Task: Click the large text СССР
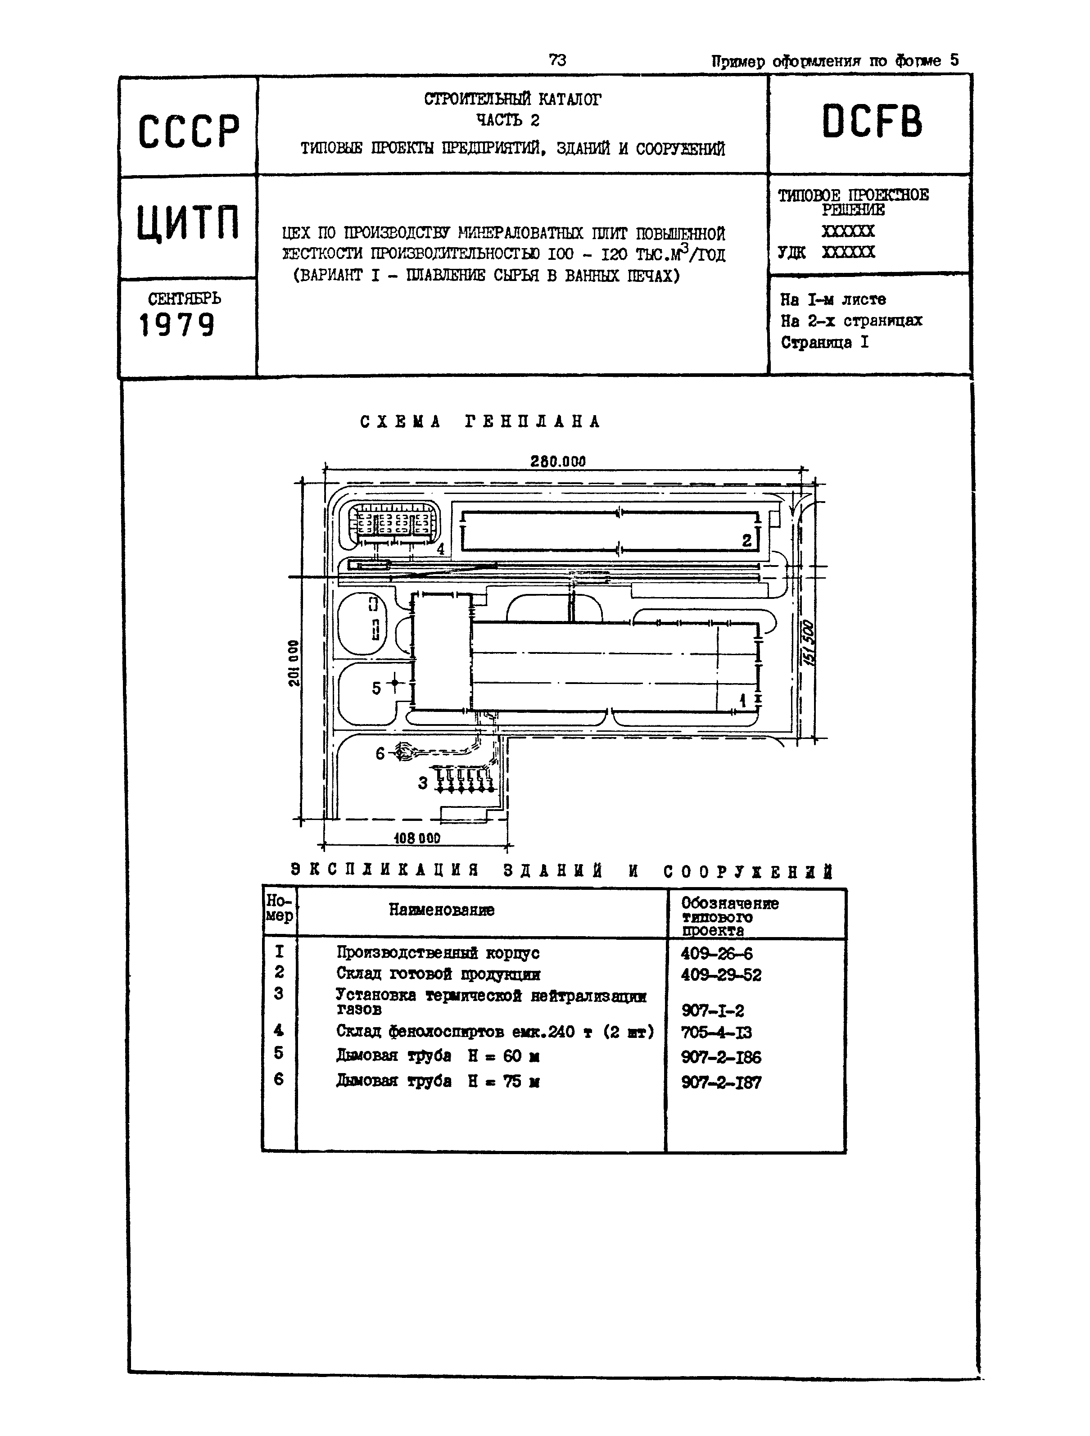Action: (x=188, y=131)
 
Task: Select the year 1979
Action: (x=176, y=325)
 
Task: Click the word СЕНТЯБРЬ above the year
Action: (x=185, y=299)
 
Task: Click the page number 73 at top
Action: (x=557, y=60)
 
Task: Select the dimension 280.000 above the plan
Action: (x=558, y=462)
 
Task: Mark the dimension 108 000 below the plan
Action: (x=417, y=838)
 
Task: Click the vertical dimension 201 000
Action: (x=294, y=663)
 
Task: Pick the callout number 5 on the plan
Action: (x=376, y=688)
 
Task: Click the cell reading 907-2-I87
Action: (x=721, y=1082)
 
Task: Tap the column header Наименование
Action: (x=442, y=910)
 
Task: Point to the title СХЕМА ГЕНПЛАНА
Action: (x=480, y=422)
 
